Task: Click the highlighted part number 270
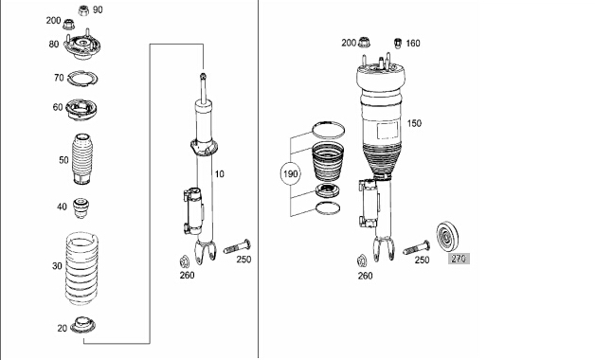pyautogui.click(x=459, y=259)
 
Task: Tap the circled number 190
pyautogui.click(x=290, y=174)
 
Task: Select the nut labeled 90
pyautogui.click(x=83, y=10)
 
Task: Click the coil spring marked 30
pyautogui.click(x=81, y=268)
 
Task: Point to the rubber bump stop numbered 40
pyautogui.click(x=81, y=207)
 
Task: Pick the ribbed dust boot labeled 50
pyautogui.click(x=81, y=159)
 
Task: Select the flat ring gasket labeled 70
pyautogui.click(x=82, y=79)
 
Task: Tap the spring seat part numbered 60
pyautogui.click(x=81, y=109)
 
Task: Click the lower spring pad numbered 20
pyautogui.click(x=82, y=326)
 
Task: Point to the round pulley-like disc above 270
pyautogui.click(x=447, y=236)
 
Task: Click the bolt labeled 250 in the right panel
pyautogui.click(x=417, y=247)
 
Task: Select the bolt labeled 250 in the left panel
pyautogui.click(x=237, y=246)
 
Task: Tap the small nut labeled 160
pyautogui.click(x=398, y=43)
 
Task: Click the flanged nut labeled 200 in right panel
pyautogui.click(x=364, y=42)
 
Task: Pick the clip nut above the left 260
pyautogui.click(x=184, y=261)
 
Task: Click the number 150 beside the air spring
pyautogui.click(x=414, y=123)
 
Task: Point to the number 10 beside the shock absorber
pyautogui.click(x=219, y=174)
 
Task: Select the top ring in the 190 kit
pyautogui.click(x=328, y=130)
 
